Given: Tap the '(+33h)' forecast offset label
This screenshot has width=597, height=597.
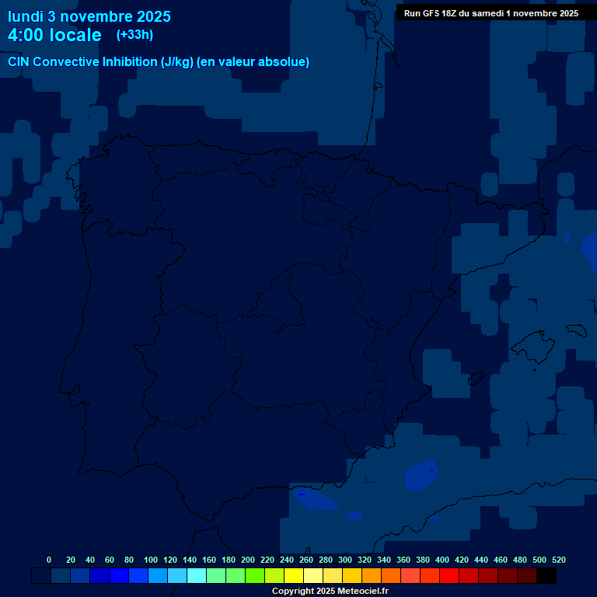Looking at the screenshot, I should click(x=134, y=34).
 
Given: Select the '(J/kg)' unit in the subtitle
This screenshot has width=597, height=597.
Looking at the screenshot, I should click(x=177, y=62).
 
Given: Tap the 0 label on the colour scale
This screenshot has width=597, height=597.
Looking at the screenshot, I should click(x=49, y=560).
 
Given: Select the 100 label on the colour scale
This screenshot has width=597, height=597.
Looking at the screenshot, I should click(x=151, y=560).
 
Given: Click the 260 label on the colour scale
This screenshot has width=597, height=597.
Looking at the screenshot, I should click(x=306, y=560).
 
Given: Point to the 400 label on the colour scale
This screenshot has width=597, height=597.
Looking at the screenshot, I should click(x=442, y=560).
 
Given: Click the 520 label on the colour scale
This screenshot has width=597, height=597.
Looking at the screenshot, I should click(x=559, y=560).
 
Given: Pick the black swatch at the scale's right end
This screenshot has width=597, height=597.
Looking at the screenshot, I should click(x=546, y=576).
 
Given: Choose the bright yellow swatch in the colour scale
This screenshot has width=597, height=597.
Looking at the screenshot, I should click(x=294, y=576).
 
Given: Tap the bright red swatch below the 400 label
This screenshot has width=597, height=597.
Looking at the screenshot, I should click(x=449, y=576).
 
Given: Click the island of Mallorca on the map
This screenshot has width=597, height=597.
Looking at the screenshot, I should click(x=536, y=343).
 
